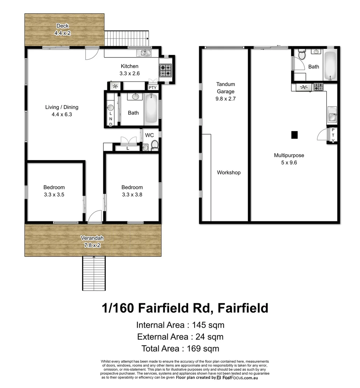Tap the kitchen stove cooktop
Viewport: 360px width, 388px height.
(166, 70)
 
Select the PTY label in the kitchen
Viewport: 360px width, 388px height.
(153, 87)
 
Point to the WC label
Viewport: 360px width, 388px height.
(149, 135)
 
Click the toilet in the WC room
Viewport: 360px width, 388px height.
(155, 145)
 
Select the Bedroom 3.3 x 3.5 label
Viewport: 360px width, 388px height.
(54, 191)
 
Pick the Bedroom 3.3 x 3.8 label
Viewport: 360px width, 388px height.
(132, 191)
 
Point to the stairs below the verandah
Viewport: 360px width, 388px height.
(94, 273)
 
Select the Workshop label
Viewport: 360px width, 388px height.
(229, 172)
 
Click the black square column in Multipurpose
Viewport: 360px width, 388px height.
(294, 135)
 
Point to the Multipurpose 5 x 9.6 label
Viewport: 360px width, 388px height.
(289, 159)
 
